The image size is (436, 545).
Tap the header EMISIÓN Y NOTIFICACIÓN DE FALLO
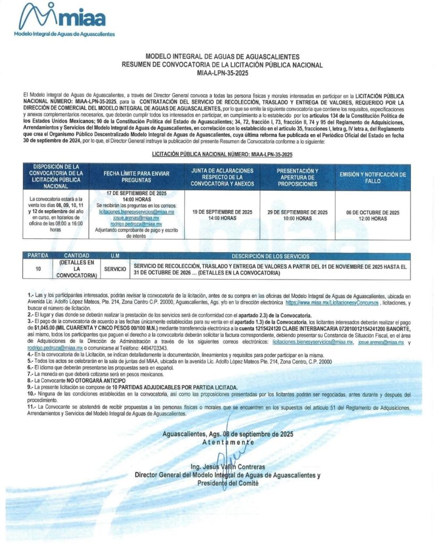pos(372,177)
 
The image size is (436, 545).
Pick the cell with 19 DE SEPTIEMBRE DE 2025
pos(222,215)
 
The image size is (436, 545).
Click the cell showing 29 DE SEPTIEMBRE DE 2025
pos(297,215)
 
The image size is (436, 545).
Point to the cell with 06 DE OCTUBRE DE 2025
pos(372,215)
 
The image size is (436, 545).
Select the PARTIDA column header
pos(38,256)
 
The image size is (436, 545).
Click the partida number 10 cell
pos(38,269)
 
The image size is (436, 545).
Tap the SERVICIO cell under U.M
pos(115,269)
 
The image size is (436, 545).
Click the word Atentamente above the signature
pos(228,442)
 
